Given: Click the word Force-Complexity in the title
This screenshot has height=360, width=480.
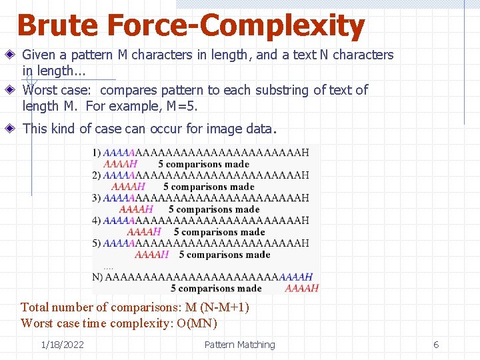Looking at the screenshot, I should [x=235, y=26].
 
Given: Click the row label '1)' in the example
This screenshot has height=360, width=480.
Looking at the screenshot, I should [x=97, y=153].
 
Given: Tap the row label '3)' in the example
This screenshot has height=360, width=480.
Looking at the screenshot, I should [x=97, y=198].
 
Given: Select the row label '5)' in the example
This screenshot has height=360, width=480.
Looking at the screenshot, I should [x=97, y=243].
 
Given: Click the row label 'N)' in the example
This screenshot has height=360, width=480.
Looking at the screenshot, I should [x=98, y=277].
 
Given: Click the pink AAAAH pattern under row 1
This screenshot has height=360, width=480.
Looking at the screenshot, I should [x=121, y=164].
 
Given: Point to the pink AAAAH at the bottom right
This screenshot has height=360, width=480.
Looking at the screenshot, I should [x=301, y=288].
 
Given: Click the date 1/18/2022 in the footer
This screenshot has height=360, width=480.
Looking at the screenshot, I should [x=62, y=345].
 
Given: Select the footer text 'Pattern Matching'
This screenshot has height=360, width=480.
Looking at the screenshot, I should [x=239, y=345].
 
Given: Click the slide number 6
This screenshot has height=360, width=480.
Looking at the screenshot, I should [x=436, y=345].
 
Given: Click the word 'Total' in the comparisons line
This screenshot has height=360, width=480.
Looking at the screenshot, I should [x=35, y=307].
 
